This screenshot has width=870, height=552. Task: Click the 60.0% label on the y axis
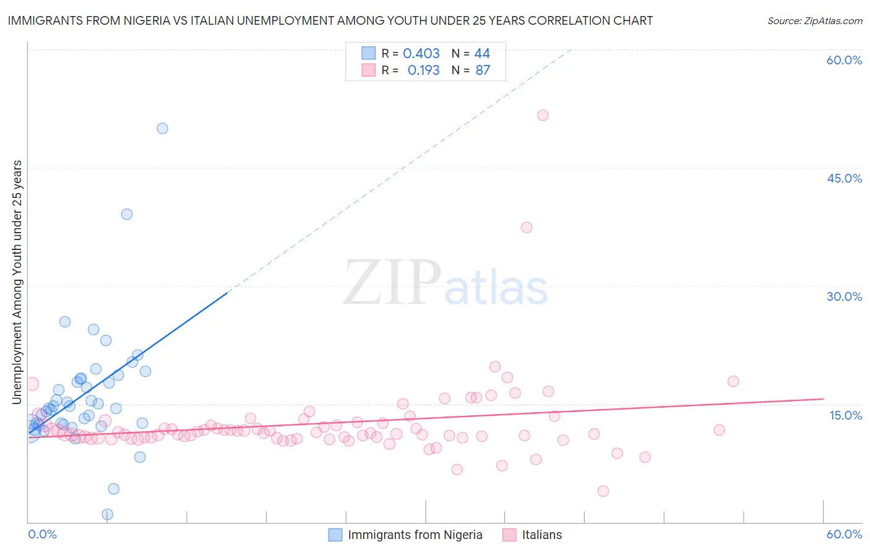point(844,60)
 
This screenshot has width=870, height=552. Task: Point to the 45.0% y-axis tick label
point(844,178)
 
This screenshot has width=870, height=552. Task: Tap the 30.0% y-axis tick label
point(844,296)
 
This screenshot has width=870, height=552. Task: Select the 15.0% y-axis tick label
point(845,415)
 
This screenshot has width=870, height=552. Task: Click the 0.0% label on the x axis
point(42,534)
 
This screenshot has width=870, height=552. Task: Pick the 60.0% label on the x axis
point(844,534)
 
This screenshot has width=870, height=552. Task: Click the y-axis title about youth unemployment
point(17,282)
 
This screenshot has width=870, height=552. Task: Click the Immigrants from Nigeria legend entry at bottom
point(415,535)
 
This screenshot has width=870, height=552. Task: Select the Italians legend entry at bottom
point(541,535)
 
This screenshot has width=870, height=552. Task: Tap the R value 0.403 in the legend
point(421,54)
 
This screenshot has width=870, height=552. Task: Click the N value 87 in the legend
point(483,71)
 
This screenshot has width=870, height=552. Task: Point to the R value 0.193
point(423,71)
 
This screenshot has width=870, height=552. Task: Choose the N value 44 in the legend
point(482,54)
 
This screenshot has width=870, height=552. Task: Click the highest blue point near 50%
point(162,129)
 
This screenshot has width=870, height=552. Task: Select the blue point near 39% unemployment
point(127,214)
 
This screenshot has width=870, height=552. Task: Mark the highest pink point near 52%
point(543,115)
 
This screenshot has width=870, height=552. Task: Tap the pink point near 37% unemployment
point(527,227)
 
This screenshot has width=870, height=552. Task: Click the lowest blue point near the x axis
point(107,514)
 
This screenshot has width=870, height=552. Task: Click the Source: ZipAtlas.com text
point(814,21)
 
